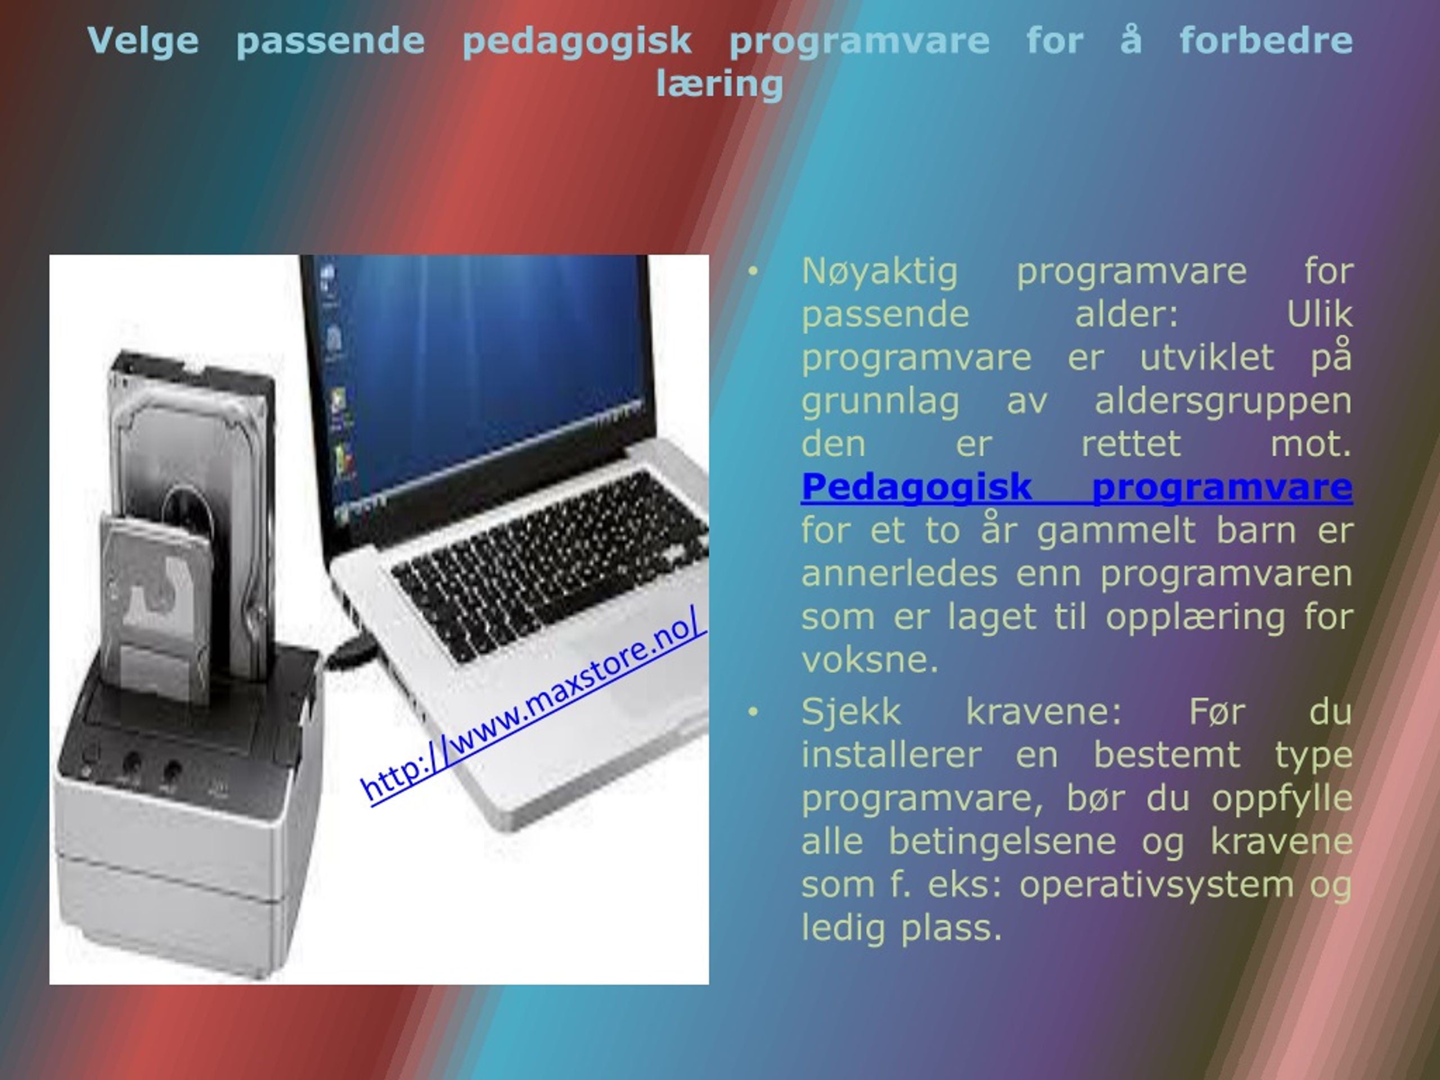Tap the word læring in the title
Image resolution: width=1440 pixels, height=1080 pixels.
pos(719,84)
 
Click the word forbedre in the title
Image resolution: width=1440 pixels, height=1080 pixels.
pos(1266,40)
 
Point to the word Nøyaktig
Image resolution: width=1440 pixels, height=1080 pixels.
pos(880,272)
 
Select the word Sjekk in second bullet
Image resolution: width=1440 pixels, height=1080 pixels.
pos(851,712)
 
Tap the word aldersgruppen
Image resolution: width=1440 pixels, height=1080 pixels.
pos(1223,402)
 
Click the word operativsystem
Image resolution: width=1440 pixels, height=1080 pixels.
pos(1156,885)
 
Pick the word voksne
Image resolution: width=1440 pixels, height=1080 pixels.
pos(870,660)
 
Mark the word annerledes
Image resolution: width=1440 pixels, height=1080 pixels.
pos(899,574)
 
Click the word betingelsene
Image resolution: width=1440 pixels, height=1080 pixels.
pos(1002,841)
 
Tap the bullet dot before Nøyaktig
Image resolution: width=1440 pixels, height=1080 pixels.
pos(753,272)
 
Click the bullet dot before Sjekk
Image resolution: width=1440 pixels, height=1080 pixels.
pos(753,712)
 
